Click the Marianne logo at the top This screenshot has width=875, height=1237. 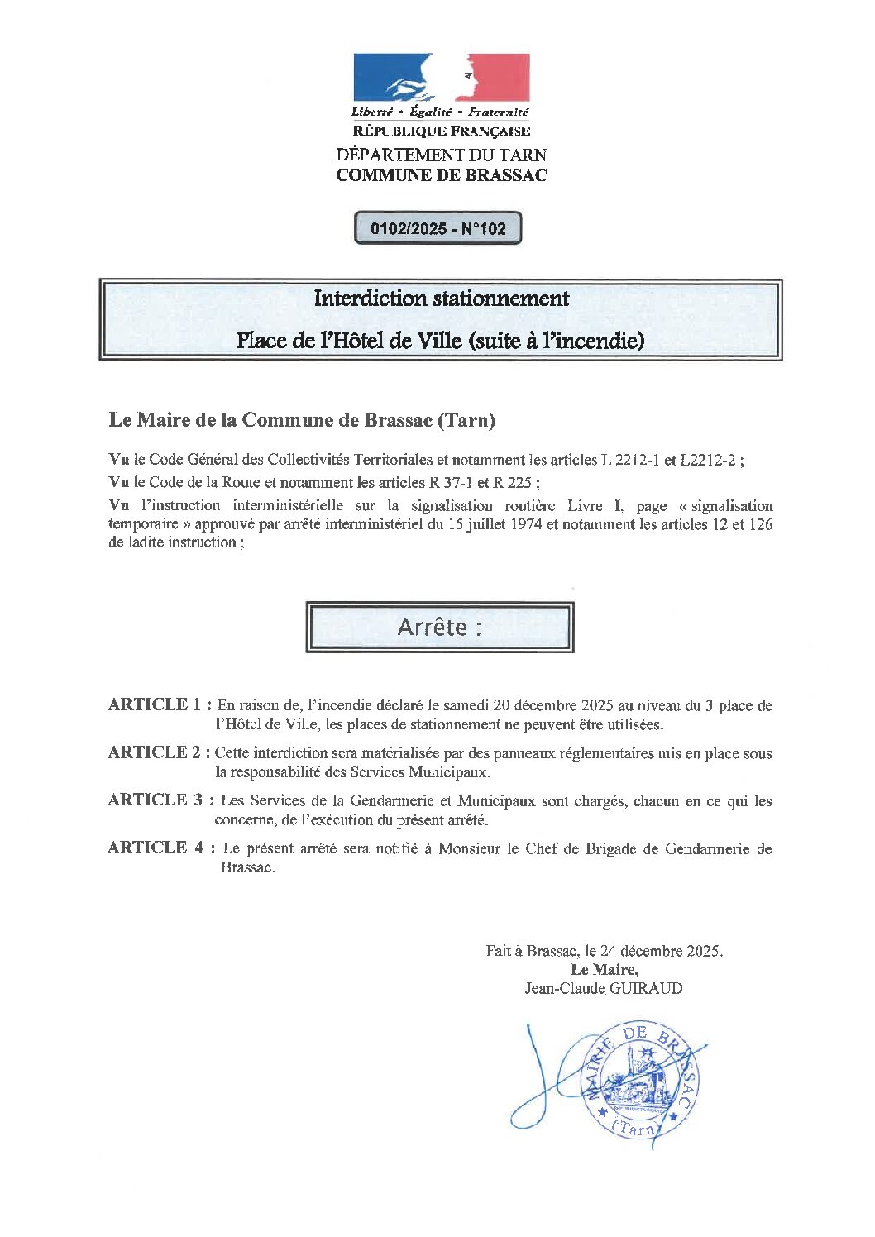(x=441, y=78)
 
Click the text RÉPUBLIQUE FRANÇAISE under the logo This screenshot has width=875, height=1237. (x=441, y=131)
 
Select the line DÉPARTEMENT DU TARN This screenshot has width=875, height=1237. (x=441, y=155)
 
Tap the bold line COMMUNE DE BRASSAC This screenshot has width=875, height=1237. (x=441, y=175)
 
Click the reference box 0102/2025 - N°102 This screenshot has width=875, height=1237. (x=437, y=229)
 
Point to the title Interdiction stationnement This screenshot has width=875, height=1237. (x=441, y=299)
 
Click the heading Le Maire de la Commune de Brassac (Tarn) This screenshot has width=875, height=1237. (x=302, y=420)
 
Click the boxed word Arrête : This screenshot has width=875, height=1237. (x=439, y=628)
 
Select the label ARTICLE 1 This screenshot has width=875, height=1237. (x=155, y=704)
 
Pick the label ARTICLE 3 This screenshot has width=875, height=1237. (x=155, y=800)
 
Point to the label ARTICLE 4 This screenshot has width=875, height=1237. (x=155, y=848)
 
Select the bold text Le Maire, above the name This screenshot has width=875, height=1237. (x=604, y=970)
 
